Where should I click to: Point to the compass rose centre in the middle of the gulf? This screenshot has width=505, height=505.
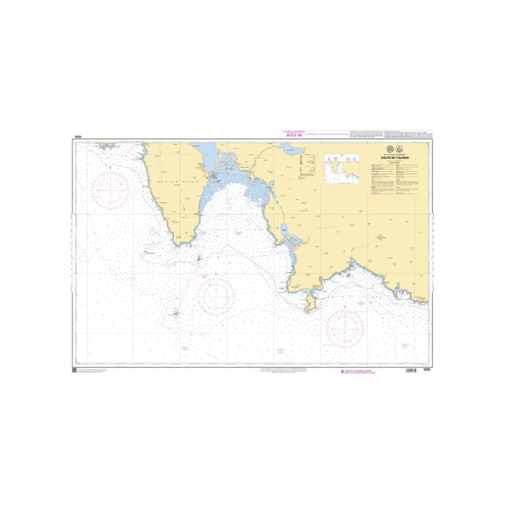click(x=215, y=296)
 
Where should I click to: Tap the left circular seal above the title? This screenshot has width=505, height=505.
click(x=389, y=149)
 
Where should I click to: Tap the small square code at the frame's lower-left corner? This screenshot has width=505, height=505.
click(x=74, y=369)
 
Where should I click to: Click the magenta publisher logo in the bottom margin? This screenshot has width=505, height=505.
click(x=344, y=372)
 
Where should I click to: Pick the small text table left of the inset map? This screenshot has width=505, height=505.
click(x=309, y=165)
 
